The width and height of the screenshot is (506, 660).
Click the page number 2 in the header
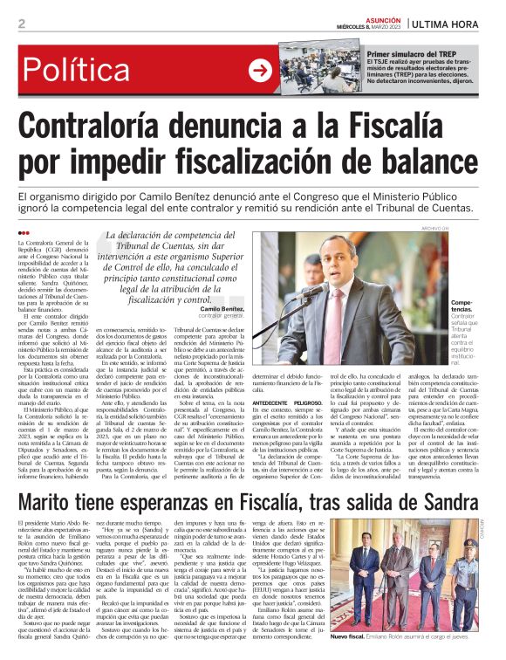21,24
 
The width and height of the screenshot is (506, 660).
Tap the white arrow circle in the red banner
259,71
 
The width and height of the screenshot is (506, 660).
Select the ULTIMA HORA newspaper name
455,23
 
